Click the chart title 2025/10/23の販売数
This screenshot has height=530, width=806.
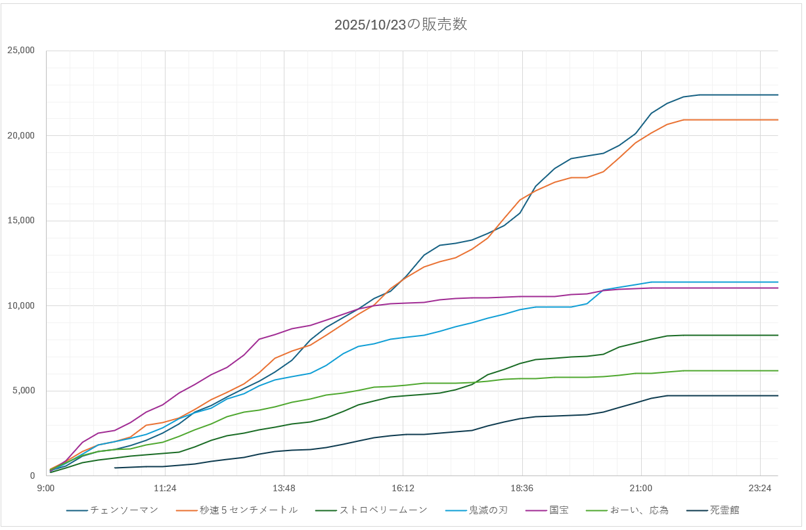click(x=401, y=24)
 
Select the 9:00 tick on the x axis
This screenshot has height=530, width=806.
click(x=46, y=488)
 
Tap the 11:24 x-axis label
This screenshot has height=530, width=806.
click(x=165, y=488)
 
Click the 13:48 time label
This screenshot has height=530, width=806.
click(x=284, y=488)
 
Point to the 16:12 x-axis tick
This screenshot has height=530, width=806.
click(x=403, y=488)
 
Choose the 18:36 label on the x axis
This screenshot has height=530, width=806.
click(x=522, y=488)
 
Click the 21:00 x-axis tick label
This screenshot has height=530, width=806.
click(x=640, y=488)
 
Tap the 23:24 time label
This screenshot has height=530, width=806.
click(x=759, y=488)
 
